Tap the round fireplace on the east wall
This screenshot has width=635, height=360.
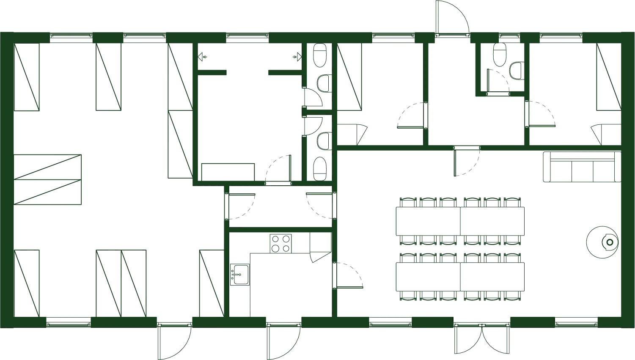tap(603, 242)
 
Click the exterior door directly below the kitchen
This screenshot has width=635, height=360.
tap(282, 341)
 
